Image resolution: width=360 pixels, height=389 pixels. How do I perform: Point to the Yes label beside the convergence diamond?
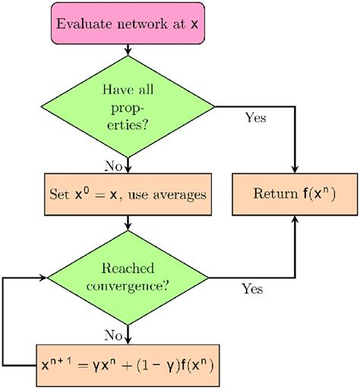tap(252, 289)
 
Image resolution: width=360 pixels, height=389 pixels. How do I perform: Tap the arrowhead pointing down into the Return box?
tap(294, 169)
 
